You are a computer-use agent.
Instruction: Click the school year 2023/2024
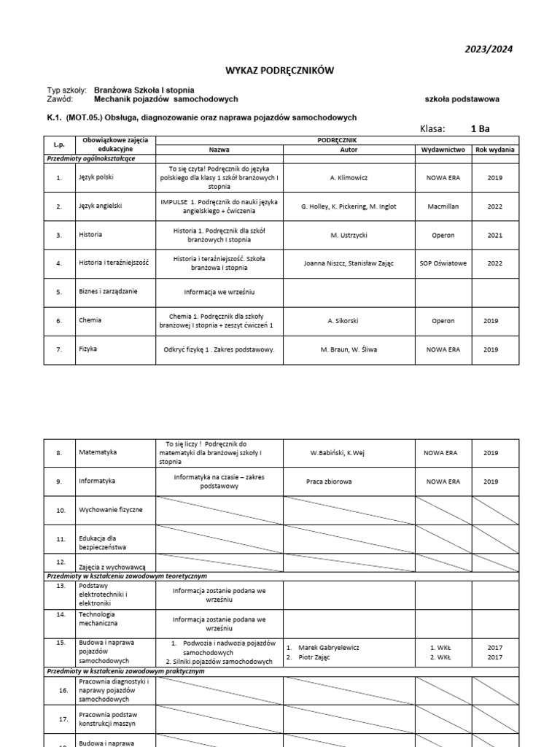pyautogui.click(x=489, y=50)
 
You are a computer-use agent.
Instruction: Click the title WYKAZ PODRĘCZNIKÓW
pyautogui.click(x=280, y=70)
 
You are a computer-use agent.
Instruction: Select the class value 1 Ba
pyautogui.click(x=480, y=129)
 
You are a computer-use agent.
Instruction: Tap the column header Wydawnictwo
pyautogui.click(x=443, y=149)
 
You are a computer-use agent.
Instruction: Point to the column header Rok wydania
pyautogui.click(x=494, y=149)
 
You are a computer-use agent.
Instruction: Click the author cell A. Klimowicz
pyautogui.click(x=349, y=177)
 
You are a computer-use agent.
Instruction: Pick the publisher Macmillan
pyautogui.click(x=443, y=206)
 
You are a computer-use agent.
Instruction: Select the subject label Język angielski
pyautogui.click(x=100, y=206)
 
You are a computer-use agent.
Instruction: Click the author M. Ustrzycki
pyautogui.click(x=349, y=235)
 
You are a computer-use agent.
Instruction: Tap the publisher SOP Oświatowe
pyautogui.click(x=443, y=263)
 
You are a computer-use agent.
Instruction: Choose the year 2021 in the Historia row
pyautogui.click(x=494, y=235)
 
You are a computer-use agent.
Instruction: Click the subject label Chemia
pyautogui.click(x=90, y=320)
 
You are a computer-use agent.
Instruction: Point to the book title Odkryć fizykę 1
pyautogui.click(x=219, y=349)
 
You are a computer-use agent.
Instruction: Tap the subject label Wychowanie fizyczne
pyautogui.click(x=111, y=510)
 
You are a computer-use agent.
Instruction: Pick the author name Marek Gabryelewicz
pyautogui.click(x=329, y=647)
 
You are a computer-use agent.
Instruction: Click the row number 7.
pyautogui.click(x=59, y=349)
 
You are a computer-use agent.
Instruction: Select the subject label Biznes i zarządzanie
pyautogui.click(x=108, y=292)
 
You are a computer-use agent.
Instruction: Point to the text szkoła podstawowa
pyautogui.click(x=462, y=99)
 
